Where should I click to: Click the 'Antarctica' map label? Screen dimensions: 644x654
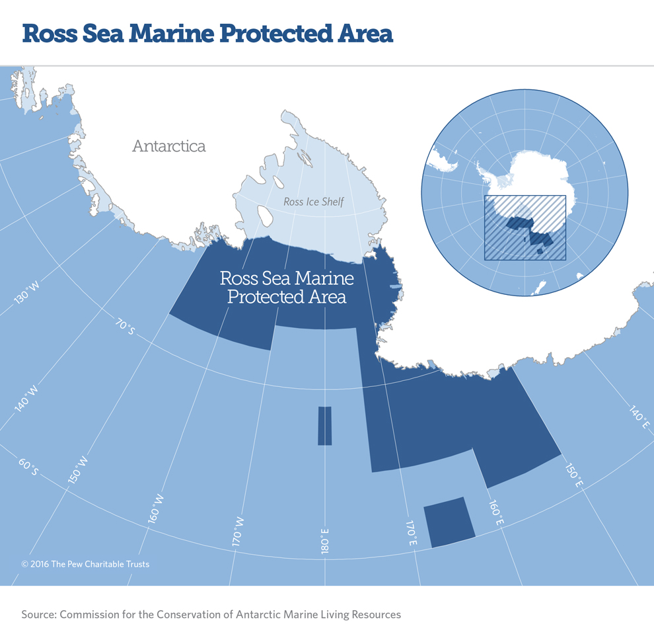click(x=168, y=145)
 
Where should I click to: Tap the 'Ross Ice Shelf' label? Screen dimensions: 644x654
click(x=314, y=202)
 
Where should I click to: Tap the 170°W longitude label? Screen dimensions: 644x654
click(x=238, y=531)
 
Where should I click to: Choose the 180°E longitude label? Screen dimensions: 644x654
click(x=324, y=541)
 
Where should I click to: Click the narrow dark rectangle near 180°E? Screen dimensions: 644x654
click(x=325, y=426)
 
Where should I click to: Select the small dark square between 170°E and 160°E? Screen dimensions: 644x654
click(x=449, y=521)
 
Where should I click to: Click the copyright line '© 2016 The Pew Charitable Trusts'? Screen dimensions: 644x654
click(x=85, y=564)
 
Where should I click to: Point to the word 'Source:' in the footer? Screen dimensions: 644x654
click(x=38, y=614)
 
